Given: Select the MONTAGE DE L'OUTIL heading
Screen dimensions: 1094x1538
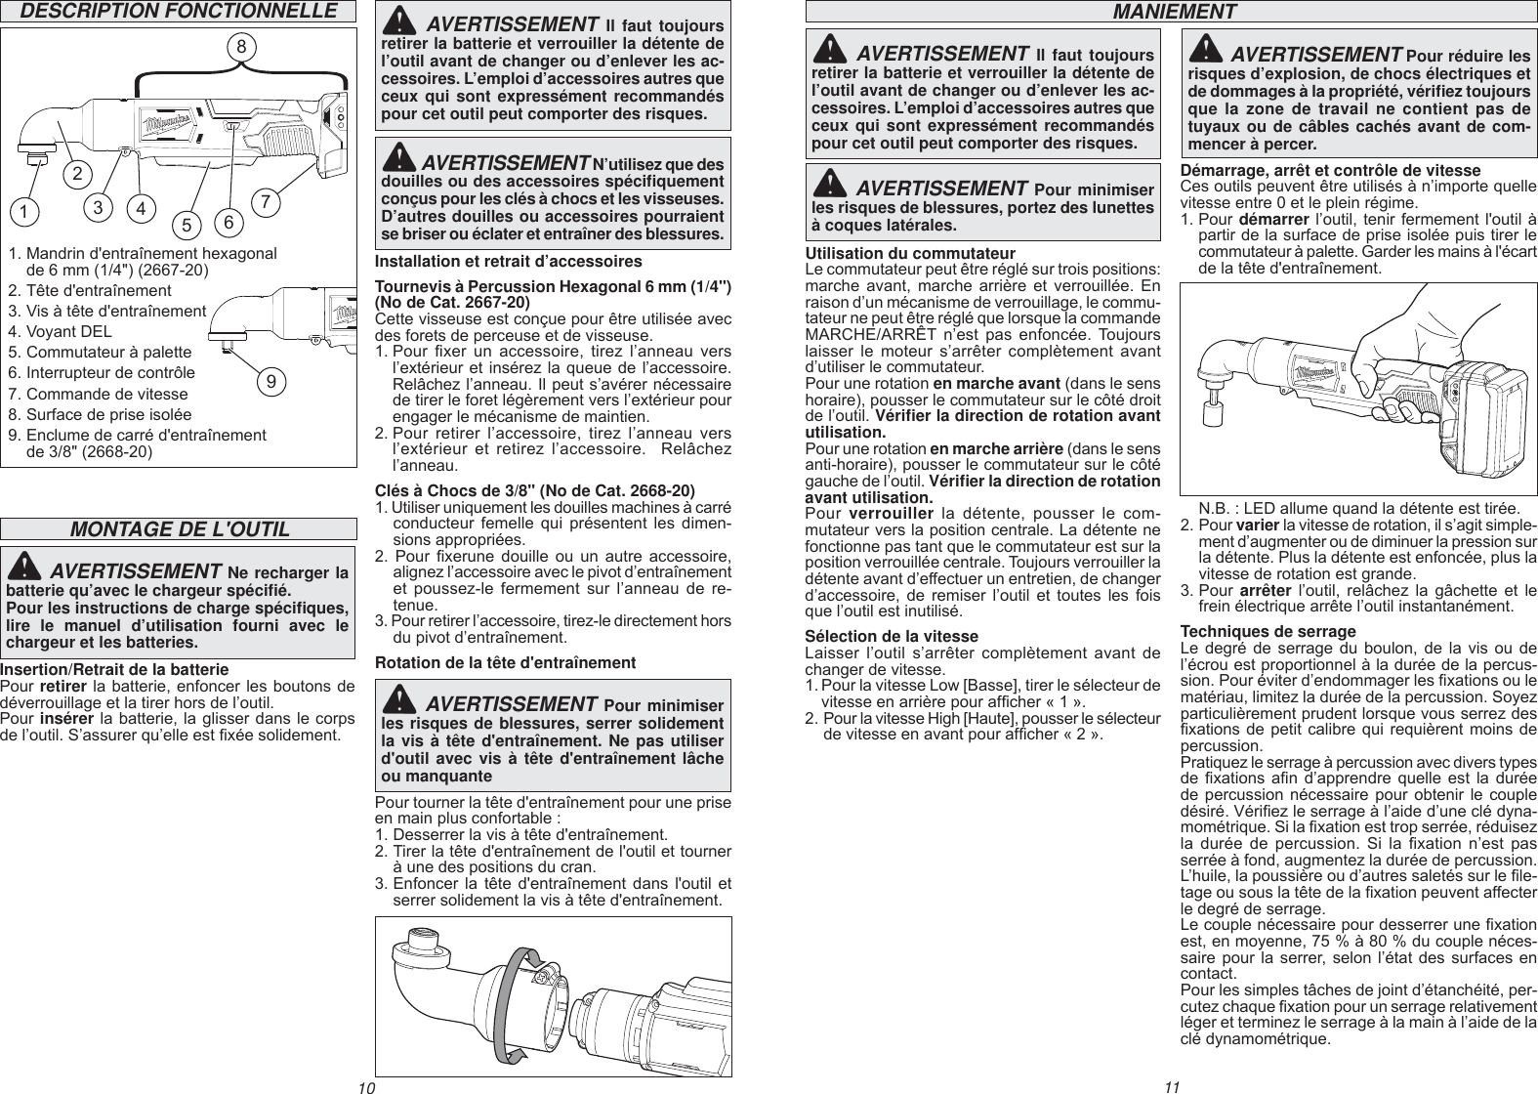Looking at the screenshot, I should pyautogui.click(x=180, y=529).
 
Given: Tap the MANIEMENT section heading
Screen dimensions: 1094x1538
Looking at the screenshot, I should pyautogui.click(x=1168, y=12).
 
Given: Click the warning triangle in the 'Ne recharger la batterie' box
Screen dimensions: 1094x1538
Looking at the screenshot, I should pyautogui.click(x=28, y=568).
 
